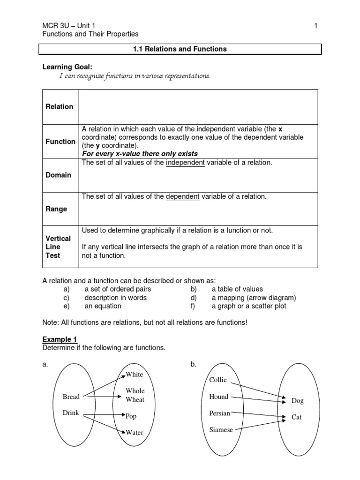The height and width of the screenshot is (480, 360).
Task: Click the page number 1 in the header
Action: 316,26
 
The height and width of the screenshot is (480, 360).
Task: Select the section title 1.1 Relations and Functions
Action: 180,49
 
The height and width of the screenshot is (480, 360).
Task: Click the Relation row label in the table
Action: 59,107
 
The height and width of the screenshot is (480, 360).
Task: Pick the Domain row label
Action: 58,175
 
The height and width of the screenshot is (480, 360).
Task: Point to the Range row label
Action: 56,209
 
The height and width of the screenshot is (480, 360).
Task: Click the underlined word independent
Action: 185,163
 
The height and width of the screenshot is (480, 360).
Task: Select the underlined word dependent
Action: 183,196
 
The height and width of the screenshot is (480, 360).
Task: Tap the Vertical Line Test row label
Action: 58,247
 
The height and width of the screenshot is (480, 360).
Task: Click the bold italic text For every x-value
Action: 140,154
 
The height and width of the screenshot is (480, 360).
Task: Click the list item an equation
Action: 103,306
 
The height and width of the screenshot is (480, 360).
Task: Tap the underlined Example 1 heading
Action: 60,339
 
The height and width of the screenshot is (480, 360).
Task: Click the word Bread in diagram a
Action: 71,397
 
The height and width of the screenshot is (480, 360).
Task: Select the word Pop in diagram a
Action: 131,416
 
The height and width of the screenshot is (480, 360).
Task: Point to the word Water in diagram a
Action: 135,433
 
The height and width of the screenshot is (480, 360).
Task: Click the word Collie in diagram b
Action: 218,380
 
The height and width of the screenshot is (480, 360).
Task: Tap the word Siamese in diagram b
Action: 221,430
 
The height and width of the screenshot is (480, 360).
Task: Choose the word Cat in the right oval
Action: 297,417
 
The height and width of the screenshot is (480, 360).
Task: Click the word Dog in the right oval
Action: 298,401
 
